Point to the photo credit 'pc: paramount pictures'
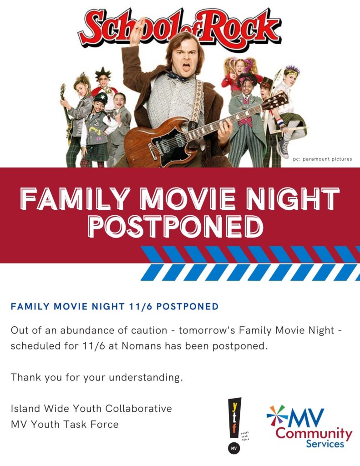(322, 159)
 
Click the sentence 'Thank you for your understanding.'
(96, 377)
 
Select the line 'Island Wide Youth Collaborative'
(91, 408)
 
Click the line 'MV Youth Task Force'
(65, 424)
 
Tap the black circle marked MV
(233, 448)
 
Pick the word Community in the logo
(314, 434)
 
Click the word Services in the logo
(325, 444)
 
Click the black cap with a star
(101, 97)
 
